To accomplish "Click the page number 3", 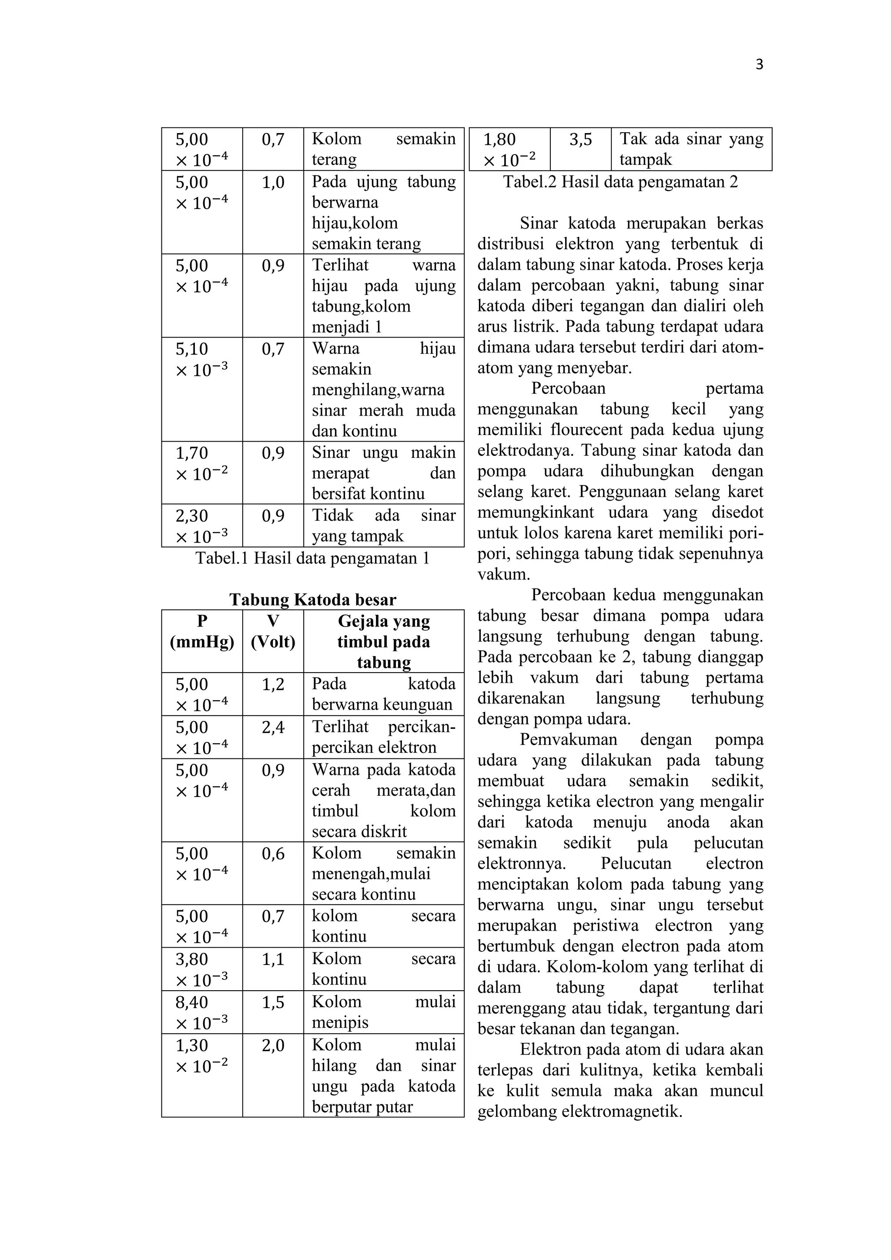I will coord(759,65).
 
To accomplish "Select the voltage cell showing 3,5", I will coord(580,140).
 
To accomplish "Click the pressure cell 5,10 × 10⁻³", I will coord(201,359).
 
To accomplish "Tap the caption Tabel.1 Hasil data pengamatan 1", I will coord(313,558).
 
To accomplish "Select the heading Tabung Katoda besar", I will coord(313,599).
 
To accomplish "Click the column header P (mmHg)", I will coord(202,631).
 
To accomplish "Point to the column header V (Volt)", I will coord(273,631).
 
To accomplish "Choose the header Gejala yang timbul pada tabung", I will coord(383,641).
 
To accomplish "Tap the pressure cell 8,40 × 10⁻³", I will coord(201,1012).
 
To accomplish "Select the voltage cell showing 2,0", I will coord(273,1046).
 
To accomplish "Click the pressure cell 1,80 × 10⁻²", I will coord(509,149).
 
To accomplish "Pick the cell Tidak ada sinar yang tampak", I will coord(383,525).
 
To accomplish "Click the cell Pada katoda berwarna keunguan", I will coord(383,694).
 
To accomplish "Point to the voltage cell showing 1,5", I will coord(273,1002).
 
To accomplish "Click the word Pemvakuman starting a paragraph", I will coord(568,739).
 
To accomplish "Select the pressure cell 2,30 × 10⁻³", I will coord(201,526).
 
